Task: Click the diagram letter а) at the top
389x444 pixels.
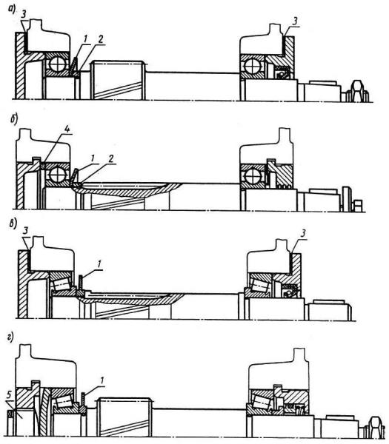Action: coord(12,10)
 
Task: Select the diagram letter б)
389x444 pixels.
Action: coord(13,119)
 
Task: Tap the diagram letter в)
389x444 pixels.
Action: coord(13,223)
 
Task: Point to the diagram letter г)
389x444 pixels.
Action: coord(11,338)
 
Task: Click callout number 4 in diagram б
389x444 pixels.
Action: coord(67,129)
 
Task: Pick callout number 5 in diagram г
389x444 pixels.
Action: coord(10,396)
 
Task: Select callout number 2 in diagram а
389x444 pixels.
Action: coord(101,40)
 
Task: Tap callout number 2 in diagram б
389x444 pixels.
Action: coord(111,159)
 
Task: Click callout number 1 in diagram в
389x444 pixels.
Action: coord(99,264)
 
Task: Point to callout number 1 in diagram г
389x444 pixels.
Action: coord(102,380)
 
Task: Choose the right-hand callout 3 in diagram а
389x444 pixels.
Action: coord(295,21)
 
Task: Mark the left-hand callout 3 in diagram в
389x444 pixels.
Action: coord(25,230)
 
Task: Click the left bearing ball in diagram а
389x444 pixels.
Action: coord(58,64)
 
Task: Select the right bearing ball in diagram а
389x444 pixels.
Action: coord(251,67)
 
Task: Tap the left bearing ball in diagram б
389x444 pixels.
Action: coord(58,175)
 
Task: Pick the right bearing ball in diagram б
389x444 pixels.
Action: coord(252,177)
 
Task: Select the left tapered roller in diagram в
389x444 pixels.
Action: coord(61,285)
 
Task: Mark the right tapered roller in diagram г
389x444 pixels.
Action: coord(263,402)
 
